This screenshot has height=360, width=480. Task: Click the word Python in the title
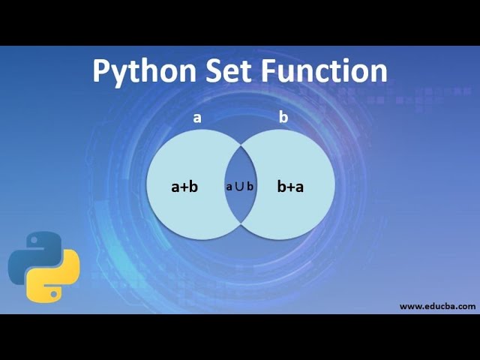pyautogui.click(x=143, y=70)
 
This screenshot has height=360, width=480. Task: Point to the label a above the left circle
pyautogui.click(x=197, y=118)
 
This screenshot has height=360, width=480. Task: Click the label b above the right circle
pyautogui.click(x=283, y=118)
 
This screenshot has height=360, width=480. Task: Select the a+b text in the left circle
pyautogui.click(x=184, y=187)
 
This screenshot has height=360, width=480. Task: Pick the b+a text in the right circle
pyautogui.click(x=290, y=187)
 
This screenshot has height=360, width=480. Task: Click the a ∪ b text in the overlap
pyautogui.click(x=240, y=186)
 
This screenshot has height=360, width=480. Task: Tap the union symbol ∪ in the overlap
pyautogui.click(x=239, y=186)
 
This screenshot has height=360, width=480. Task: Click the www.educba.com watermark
pyautogui.click(x=437, y=306)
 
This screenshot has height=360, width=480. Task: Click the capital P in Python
pyautogui.click(x=102, y=70)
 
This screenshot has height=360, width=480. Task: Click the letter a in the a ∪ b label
pyautogui.click(x=229, y=187)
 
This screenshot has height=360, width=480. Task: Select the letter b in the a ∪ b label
pyautogui.click(x=250, y=186)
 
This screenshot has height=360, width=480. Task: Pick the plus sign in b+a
pyautogui.click(x=290, y=187)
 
